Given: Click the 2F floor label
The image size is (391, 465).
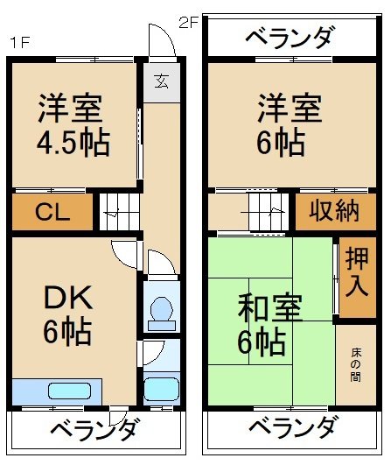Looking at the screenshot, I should [x=190, y=23].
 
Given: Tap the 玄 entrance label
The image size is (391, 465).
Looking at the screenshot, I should [x=162, y=82].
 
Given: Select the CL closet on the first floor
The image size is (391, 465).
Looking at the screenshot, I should [x=52, y=213].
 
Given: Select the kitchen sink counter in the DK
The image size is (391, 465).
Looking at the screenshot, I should [x=58, y=391].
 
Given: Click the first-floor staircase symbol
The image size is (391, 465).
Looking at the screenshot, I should [x=118, y=212].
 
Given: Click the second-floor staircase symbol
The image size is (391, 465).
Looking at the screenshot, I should [x=262, y=212].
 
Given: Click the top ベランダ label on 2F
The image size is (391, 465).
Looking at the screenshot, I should [x=289, y=39].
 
